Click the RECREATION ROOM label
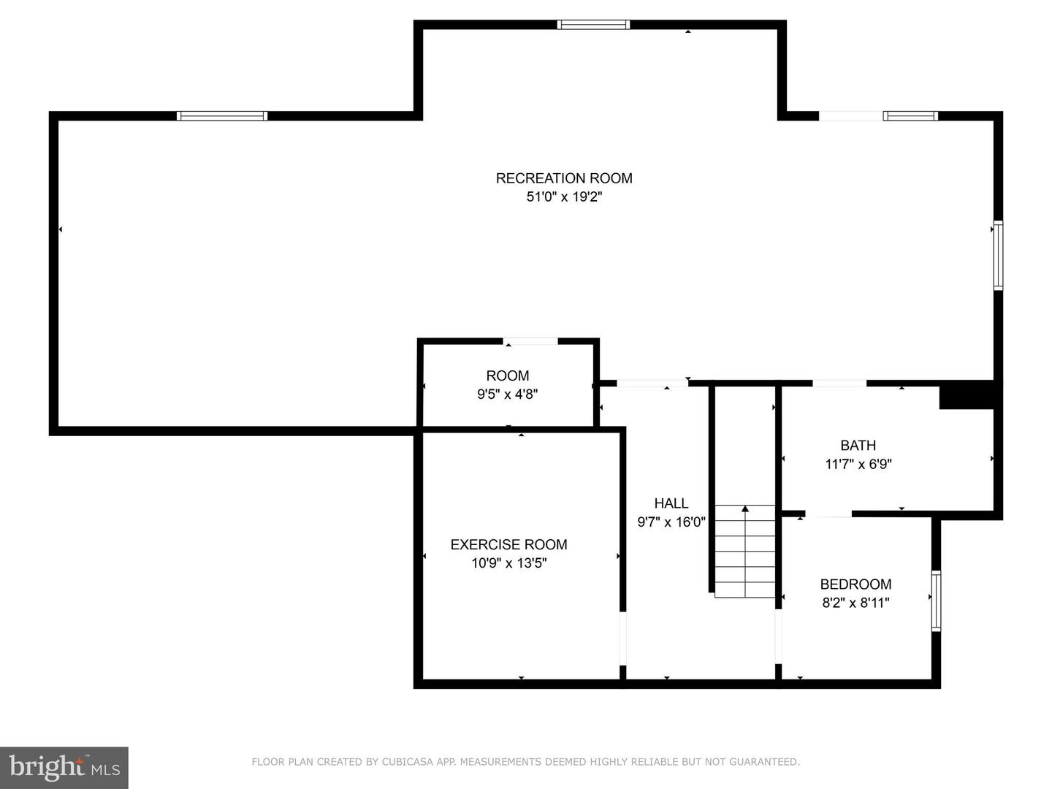pyautogui.click(x=564, y=178)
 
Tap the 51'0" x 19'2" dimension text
pyautogui.click(x=564, y=197)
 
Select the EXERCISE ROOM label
pyautogui.click(x=508, y=544)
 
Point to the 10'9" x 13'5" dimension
pyautogui.click(x=508, y=563)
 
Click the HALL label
pyautogui.click(x=671, y=503)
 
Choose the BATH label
pyautogui.click(x=858, y=446)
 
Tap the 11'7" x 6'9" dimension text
pyautogui.click(x=858, y=464)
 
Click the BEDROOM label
pyautogui.click(x=855, y=584)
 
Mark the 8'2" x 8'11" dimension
pyautogui.click(x=855, y=603)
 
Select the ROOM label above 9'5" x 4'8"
pyautogui.click(x=508, y=376)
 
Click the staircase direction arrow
pyautogui.click(x=745, y=509)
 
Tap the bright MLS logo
pyautogui.click(x=64, y=767)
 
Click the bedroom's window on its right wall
pyautogui.click(x=936, y=601)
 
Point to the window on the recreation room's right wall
pyautogui.click(x=998, y=256)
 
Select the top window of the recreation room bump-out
pyautogui.click(x=593, y=25)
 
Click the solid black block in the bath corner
pyautogui.click(x=966, y=395)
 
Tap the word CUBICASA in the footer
pyautogui.click(x=406, y=762)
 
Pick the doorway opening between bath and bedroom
pyautogui.click(x=828, y=514)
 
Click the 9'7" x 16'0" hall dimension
pyautogui.click(x=671, y=522)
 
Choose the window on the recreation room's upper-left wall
pyautogui.click(x=222, y=115)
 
